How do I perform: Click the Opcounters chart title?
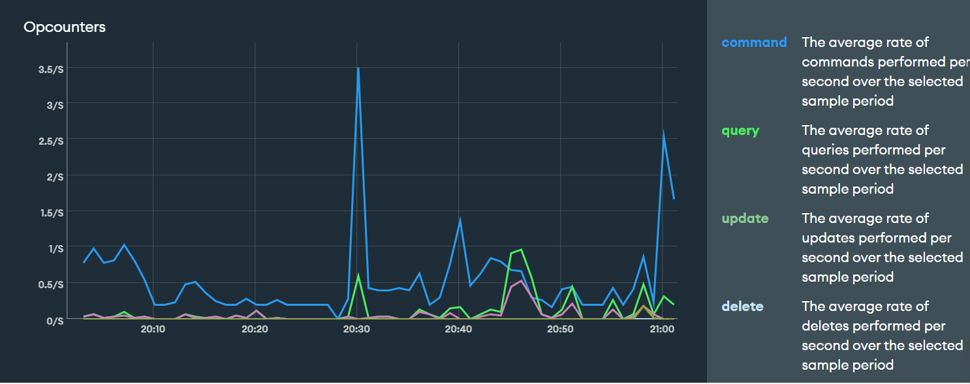pyautogui.click(x=64, y=27)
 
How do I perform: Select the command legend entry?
pyautogui.click(x=754, y=42)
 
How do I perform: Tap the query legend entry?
pyautogui.click(x=740, y=130)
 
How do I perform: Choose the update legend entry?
pyautogui.click(x=745, y=218)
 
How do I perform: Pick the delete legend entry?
pyautogui.click(x=742, y=306)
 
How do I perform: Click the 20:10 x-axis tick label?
pyautogui.click(x=153, y=329)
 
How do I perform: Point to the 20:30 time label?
pyautogui.click(x=356, y=329)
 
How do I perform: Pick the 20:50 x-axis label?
pyautogui.click(x=560, y=329)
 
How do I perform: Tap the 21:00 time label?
pyautogui.click(x=662, y=329)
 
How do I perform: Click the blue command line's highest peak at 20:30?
pyautogui.click(x=358, y=68)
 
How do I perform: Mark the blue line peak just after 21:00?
pyautogui.click(x=663, y=134)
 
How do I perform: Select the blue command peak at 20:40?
pyautogui.click(x=460, y=220)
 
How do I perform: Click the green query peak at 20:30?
pyautogui.click(x=358, y=276)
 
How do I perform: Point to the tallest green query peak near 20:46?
pyautogui.click(x=521, y=250)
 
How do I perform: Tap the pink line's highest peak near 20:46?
pyautogui.click(x=521, y=281)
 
